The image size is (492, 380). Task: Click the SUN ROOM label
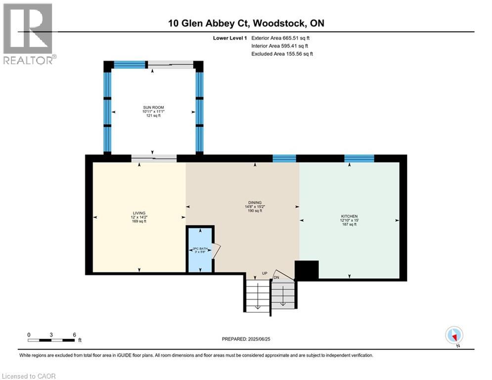pyautogui.click(x=153, y=107)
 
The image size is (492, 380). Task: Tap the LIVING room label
pyautogui.click(x=139, y=213)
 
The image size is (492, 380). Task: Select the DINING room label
pyautogui.click(x=255, y=202)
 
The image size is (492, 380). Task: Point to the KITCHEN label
pyautogui.click(x=349, y=216)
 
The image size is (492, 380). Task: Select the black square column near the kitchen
pyautogui.click(x=307, y=271)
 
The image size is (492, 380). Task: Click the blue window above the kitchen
pyautogui.click(x=359, y=158)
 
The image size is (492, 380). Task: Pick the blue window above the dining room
pyautogui.click(x=284, y=158)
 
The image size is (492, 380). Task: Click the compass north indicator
pyautogui.click(x=453, y=335)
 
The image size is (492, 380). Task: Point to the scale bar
pyautogui.click(x=51, y=340)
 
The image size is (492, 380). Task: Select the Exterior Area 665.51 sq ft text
pyautogui.click(x=280, y=38)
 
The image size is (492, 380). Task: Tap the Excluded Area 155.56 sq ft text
pyautogui.click(x=282, y=53)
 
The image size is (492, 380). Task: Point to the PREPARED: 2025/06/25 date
pyautogui.click(x=247, y=339)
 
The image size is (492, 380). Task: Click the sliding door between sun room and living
pyautogui.click(x=154, y=158)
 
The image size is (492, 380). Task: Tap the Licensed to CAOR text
pyautogui.click(x=29, y=376)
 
